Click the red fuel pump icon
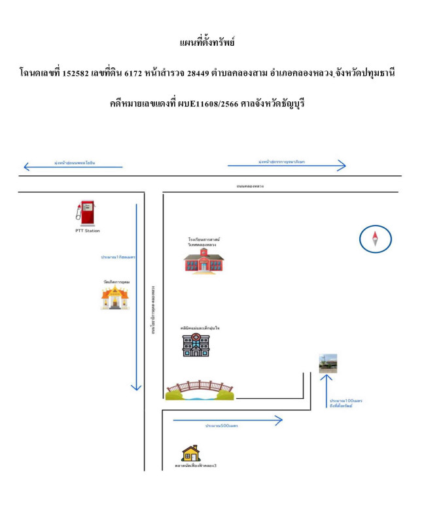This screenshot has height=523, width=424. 86,213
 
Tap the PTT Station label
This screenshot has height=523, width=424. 87,230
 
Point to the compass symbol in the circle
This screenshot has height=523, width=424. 376,239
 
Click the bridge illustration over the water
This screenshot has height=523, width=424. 199,390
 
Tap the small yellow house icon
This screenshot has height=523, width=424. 191,452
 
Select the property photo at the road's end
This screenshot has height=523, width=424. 328,363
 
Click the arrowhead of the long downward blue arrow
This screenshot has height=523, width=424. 136,388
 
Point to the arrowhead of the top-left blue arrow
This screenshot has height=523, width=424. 26,167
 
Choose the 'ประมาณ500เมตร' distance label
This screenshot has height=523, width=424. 221,426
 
